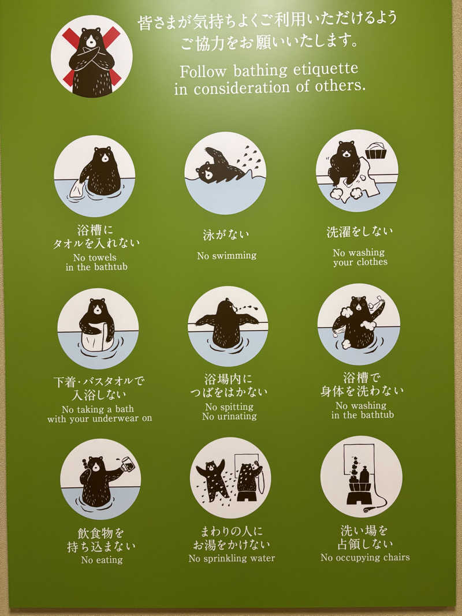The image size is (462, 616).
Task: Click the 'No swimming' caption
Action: point(226,255)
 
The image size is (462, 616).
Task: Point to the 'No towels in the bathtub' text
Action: point(96,262)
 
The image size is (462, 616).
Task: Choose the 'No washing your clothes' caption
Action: point(360,257)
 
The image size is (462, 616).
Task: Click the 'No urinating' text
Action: point(229,416)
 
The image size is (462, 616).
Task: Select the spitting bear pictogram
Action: point(228,326)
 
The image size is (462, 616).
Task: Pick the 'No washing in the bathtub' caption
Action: point(362,410)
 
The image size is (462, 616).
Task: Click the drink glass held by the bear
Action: point(128,464)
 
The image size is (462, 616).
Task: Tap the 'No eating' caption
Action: point(102,559)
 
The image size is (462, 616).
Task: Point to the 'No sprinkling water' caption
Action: point(232,558)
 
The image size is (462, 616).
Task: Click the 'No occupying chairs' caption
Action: point(365,557)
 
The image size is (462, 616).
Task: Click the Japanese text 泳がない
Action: point(226,235)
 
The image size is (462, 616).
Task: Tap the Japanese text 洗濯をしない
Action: point(359,232)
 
